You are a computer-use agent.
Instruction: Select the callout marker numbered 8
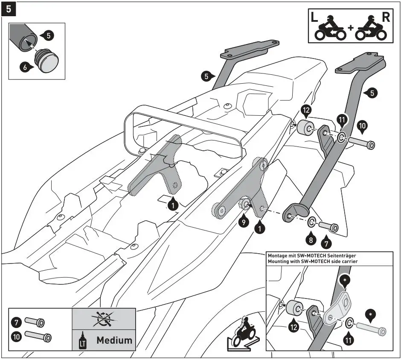[311, 240]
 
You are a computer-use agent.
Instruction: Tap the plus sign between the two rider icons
[350, 28]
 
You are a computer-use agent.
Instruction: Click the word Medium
[114, 340]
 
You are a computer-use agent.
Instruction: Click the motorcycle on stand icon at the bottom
[241, 332]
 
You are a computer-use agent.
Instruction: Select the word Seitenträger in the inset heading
[337, 255]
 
